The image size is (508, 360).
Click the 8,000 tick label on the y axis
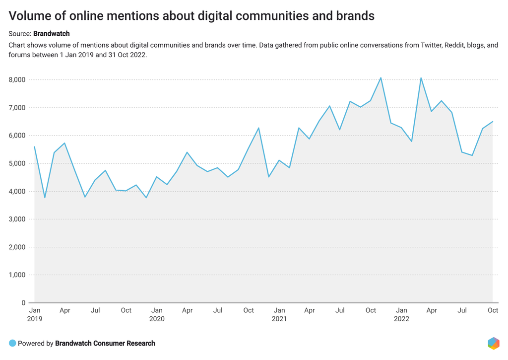tap(17, 80)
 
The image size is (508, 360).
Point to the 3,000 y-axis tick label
tap(17, 219)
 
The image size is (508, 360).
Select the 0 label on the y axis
tap(23, 303)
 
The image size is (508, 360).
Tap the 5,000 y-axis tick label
tap(17, 163)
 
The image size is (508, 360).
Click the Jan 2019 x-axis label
tap(34, 315)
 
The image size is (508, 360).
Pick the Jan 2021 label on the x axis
tap(279, 315)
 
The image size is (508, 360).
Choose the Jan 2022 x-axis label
tap(401, 315)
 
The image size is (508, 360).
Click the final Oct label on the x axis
tap(493, 310)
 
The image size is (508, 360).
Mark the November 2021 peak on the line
tap(381, 77)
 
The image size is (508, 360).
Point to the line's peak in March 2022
tap(421, 77)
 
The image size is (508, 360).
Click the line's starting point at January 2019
tap(34, 146)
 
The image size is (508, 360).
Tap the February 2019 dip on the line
tap(45, 198)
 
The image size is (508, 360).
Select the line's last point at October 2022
tap(493, 121)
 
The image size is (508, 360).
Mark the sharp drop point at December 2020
tap(268, 177)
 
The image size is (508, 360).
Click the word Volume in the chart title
tap(30, 16)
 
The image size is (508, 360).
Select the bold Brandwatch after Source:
tap(51, 34)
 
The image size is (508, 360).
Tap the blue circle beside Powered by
tap(12, 343)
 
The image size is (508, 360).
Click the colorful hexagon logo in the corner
tap(493, 343)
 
